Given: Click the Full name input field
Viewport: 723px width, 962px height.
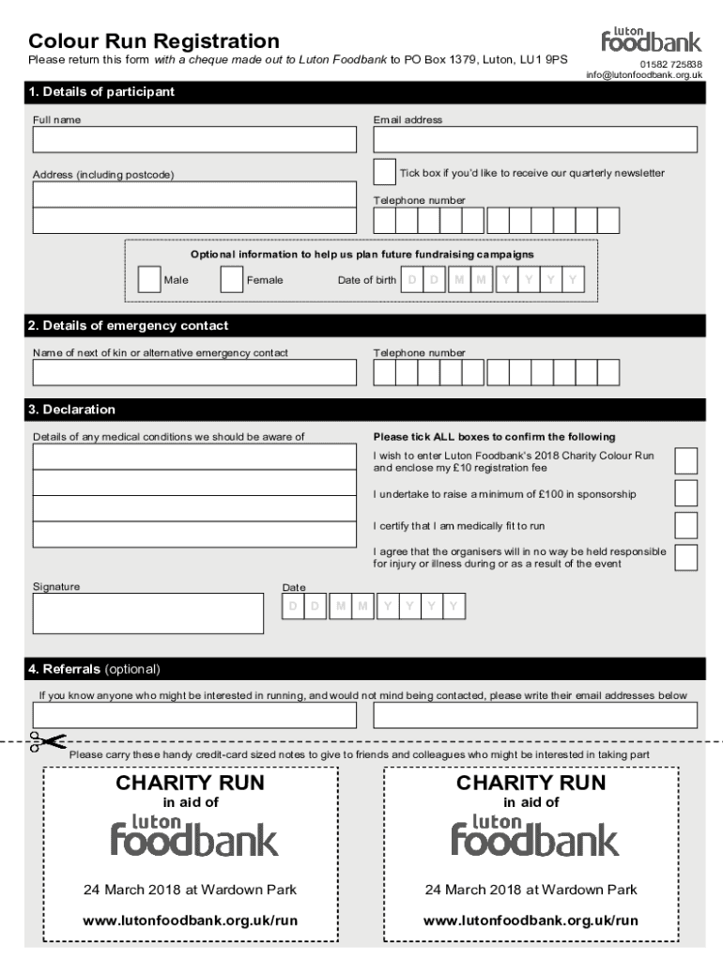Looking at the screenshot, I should click(x=194, y=140).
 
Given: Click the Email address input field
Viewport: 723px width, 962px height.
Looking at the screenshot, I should click(x=534, y=140).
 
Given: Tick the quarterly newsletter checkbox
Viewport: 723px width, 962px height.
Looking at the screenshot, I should click(x=384, y=173).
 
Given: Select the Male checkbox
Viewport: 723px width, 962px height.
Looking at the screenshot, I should click(x=148, y=280).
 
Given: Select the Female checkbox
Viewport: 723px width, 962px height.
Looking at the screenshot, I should click(x=231, y=280).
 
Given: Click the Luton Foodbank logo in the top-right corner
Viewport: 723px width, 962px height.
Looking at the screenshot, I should click(x=651, y=39).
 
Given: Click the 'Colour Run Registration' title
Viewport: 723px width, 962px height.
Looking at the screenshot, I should click(x=154, y=41).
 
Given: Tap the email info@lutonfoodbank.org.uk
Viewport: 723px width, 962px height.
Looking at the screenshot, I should click(x=644, y=74).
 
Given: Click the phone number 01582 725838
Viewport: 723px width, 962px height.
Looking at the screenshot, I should click(x=670, y=64).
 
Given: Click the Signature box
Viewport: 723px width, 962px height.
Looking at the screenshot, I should click(x=147, y=613).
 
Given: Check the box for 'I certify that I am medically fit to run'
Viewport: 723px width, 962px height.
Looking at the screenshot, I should click(x=686, y=525).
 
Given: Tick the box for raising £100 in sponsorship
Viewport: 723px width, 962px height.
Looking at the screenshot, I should click(x=686, y=493).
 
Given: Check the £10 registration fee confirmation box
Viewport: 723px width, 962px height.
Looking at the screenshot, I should click(x=686, y=461).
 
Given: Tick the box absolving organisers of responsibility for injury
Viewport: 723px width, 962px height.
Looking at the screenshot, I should click(x=686, y=557).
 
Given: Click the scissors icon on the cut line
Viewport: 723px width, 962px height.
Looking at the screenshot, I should click(x=46, y=741).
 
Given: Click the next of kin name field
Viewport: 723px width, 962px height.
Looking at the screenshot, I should click(x=194, y=373).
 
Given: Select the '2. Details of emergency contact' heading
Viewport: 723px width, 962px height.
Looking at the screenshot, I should click(x=129, y=326).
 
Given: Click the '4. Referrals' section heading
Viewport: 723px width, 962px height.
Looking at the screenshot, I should click(x=94, y=670).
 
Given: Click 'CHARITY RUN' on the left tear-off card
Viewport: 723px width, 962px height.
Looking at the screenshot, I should click(x=190, y=783).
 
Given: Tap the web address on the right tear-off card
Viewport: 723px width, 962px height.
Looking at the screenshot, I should click(x=531, y=921).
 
